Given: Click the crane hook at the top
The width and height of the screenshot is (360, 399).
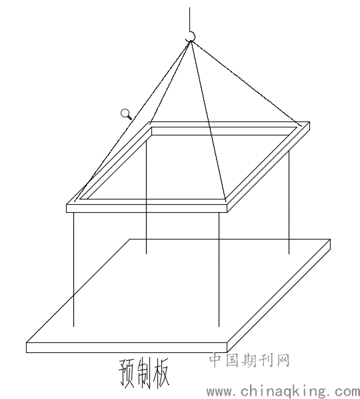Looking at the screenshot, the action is [x=191, y=37].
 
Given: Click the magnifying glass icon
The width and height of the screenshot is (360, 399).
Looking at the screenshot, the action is [x=126, y=114].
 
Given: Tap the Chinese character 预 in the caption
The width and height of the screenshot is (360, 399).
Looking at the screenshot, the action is [x=127, y=373].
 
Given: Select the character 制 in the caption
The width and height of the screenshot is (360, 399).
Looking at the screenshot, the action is [x=144, y=373].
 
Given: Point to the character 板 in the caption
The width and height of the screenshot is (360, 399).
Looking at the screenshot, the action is [x=161, y=373].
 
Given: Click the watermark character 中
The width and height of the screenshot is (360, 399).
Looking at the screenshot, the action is [x=216, y=360].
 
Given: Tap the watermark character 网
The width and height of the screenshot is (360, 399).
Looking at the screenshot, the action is [x=283, y=360].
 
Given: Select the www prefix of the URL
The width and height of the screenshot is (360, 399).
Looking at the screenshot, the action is [x=220, y=393].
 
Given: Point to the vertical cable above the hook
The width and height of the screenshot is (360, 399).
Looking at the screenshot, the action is [x=189, y=19].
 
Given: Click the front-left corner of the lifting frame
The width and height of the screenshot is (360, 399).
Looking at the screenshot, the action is [x=67, y=205].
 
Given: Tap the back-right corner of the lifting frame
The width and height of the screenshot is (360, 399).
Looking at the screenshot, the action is [x=309, y=122].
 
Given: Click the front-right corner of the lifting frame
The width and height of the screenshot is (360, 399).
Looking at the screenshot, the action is [x=227, y=205].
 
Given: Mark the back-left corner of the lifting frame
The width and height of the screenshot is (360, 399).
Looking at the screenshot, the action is [x=149, y=122].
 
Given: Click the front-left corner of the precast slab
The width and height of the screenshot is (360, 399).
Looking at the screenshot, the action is [x=27, y=343].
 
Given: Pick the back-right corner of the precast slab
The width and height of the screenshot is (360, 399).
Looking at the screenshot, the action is [x=330, y=239].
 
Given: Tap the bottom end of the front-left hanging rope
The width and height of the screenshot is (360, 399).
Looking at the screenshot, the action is [x=74, y=326].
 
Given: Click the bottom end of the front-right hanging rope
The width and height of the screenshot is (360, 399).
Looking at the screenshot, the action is [x=219, y=326].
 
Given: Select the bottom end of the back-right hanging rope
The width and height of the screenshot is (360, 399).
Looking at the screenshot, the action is [x=289, y=254].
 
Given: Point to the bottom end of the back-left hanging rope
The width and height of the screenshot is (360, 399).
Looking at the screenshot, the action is [x=146, y=254].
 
